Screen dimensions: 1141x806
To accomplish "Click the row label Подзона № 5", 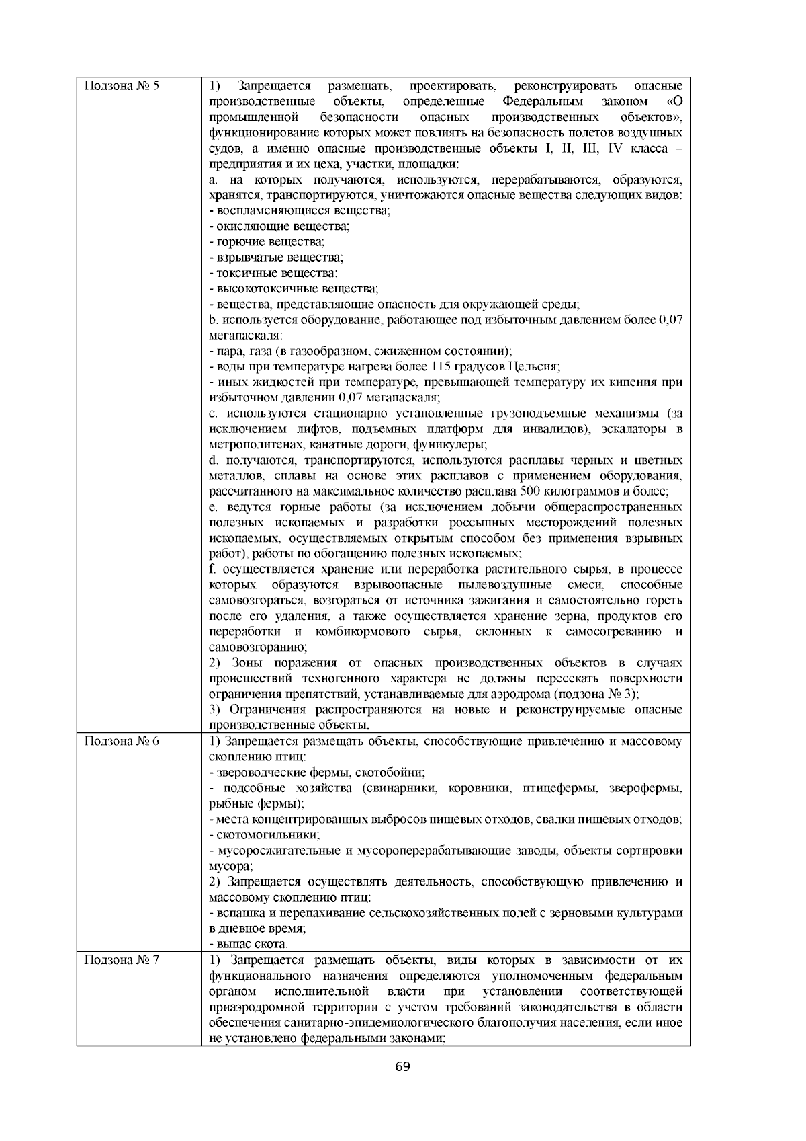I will point(121,87).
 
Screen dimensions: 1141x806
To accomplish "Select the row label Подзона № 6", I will point(121,742).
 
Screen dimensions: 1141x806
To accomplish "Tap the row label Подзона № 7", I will point(121,959).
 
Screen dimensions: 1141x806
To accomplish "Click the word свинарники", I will point(398,788).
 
